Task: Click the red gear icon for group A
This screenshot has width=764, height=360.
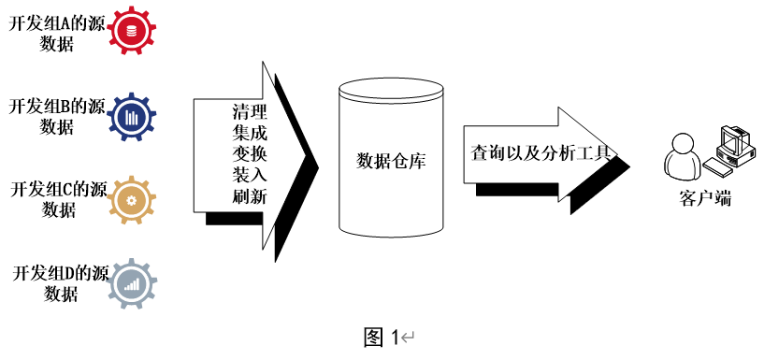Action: click(130, 32)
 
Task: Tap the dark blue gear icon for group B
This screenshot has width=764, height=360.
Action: click(130, 117)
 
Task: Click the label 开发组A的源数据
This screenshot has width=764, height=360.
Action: click(56, 34)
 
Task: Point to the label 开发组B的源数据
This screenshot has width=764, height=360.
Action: click(56, 117)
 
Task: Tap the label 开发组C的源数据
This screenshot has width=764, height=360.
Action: click(56, 199)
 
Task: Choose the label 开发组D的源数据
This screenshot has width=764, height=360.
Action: click(56, 283)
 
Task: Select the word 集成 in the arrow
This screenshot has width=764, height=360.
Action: click(249, 134)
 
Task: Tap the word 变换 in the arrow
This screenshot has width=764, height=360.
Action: click(249, 154)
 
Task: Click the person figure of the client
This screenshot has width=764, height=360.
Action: click(682, 159)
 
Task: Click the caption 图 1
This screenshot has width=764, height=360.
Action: click(382, 337)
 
